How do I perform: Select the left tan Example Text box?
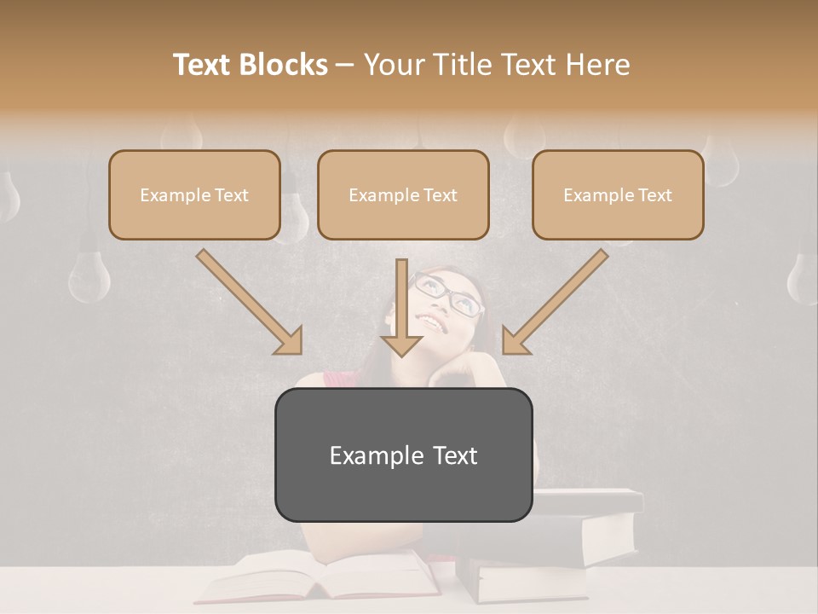(x=194, y=195)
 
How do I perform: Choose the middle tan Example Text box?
(x=403, y=195)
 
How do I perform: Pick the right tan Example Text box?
(x=618, y=195)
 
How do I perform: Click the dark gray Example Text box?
(x=403, y=455)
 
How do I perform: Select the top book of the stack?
(x=588, y=501)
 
